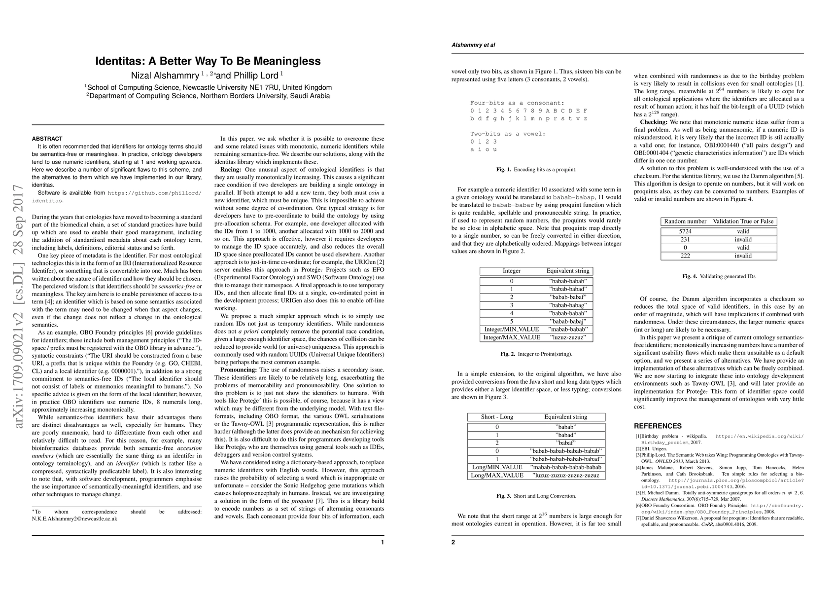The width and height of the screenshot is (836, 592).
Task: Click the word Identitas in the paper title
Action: pos(119,61)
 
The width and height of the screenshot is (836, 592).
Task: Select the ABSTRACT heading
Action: pos(47,139)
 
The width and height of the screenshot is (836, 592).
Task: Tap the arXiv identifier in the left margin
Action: pos(18,313)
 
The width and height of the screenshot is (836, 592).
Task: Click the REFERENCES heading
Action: pos(658,426)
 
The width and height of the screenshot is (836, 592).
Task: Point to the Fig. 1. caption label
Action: pos(503,169)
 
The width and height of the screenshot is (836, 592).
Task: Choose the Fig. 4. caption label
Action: pos(690,276)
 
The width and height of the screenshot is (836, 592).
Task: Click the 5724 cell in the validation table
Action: pos(685,231)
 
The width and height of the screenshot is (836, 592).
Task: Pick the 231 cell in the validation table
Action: pos(685,239)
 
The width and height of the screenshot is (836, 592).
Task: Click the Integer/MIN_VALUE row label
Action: pos(511,329)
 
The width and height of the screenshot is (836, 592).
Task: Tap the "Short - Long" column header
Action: pos(497,417)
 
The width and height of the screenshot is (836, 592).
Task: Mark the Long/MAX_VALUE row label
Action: pos(497,475)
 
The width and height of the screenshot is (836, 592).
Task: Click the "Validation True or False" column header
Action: pos(743,221)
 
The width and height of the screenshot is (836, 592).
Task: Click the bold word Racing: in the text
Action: pos(231,169)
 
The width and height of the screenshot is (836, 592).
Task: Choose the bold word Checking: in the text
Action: pos(654,122)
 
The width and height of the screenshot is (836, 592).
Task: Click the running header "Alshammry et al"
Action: pos(473,45)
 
